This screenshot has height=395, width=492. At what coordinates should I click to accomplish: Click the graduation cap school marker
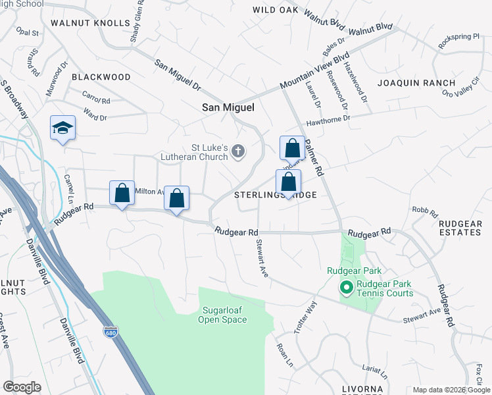[63, 128]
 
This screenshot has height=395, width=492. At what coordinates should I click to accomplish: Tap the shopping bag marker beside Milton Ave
[122, 194]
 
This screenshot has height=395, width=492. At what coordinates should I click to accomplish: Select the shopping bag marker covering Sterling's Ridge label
[288, 182]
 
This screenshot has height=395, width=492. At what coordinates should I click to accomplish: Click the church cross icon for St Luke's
[238, 153]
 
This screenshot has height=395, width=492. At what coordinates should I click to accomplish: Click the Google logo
[22, 387]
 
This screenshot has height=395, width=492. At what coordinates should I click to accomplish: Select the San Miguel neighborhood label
[228, 107]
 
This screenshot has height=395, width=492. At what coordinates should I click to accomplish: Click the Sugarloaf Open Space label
[222, 315]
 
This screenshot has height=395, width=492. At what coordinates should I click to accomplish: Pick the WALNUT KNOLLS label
[99, 23]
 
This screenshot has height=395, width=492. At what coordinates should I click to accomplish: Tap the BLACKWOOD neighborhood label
[101, 77]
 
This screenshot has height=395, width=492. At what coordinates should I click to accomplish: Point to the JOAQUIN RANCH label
[416, 83]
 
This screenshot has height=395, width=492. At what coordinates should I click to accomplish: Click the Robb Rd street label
[425, 211]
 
